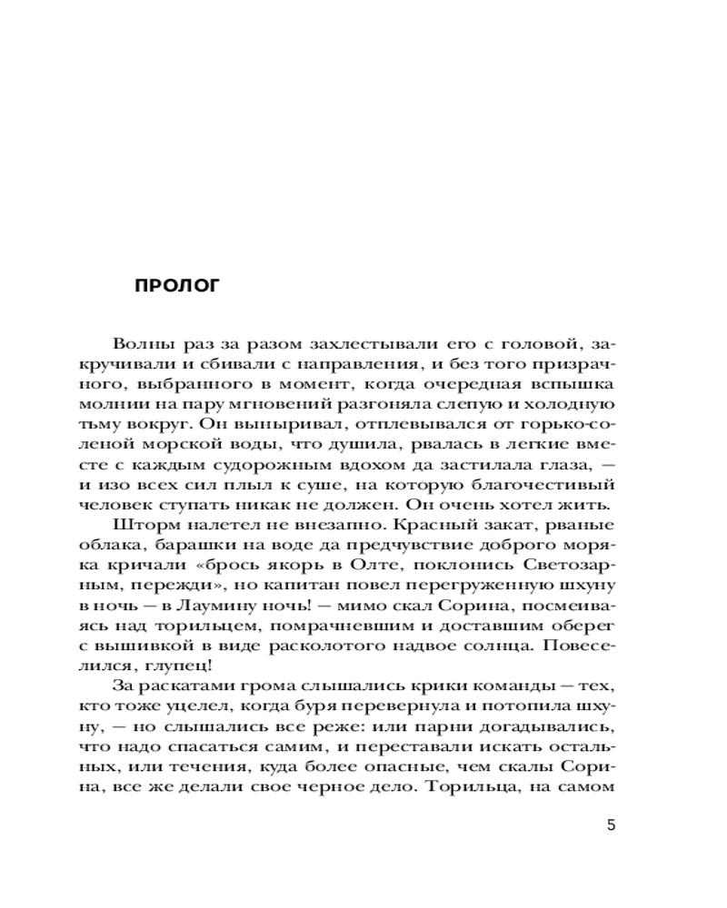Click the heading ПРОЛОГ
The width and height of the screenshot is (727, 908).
177,286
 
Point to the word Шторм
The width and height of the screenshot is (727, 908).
144,526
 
